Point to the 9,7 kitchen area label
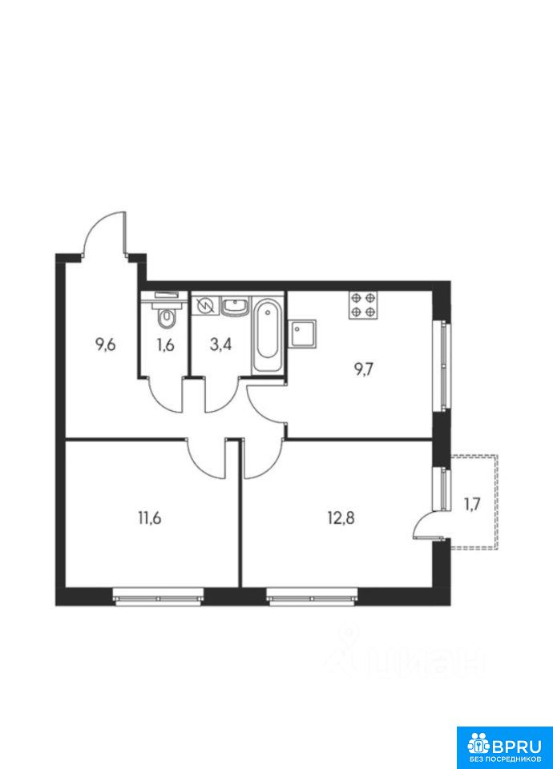364,368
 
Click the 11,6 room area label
150,518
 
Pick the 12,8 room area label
341,518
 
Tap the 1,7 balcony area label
472,504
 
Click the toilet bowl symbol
167,318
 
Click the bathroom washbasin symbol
236,306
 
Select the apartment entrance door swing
104,233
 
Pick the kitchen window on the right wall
444,366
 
